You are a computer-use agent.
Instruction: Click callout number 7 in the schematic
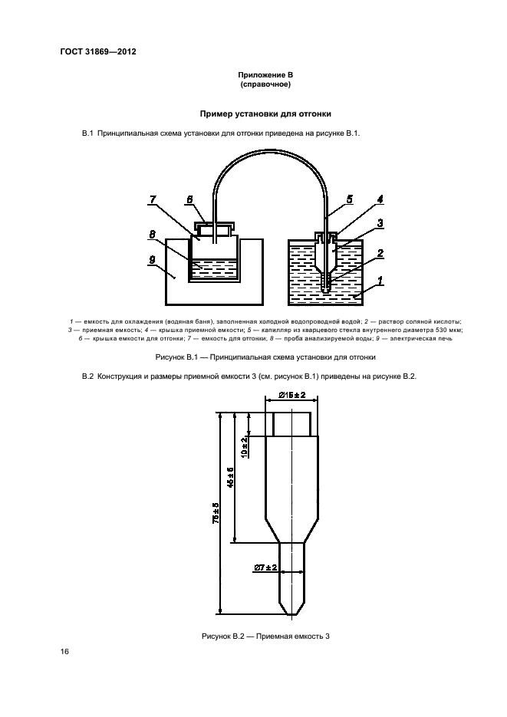[153, 200]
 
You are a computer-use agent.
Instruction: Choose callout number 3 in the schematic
[379, 223]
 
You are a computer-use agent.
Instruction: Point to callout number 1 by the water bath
[379, 281]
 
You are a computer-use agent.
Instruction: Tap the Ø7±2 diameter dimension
[265, 567]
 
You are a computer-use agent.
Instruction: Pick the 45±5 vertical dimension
[230, 479]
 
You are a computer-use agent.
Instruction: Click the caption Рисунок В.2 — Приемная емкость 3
[265, 636]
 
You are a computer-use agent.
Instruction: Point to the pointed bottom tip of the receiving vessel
[291, 614]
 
